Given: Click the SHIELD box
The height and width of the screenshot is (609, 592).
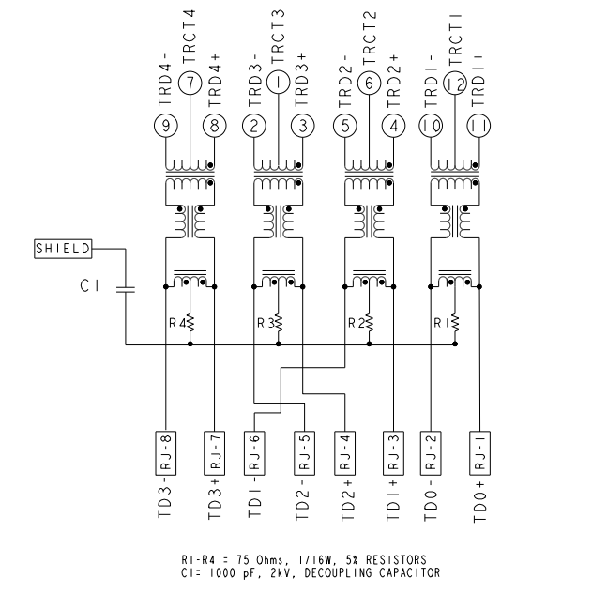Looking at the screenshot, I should click(63, 249).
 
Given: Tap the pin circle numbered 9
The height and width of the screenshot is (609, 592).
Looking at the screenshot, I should click(165, 124).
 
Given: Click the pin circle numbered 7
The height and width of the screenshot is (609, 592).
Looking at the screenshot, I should click(190, 84).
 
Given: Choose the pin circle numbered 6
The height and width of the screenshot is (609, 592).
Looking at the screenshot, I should click(367, 84).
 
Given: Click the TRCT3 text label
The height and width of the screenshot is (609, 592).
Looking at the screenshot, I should click(280, 37).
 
